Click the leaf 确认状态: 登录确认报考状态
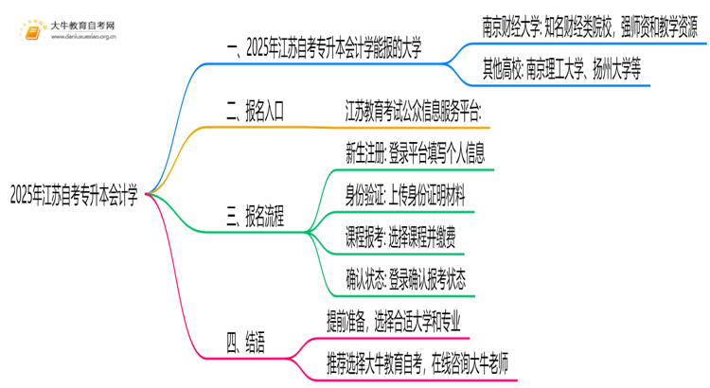click(x=406, y=280)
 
